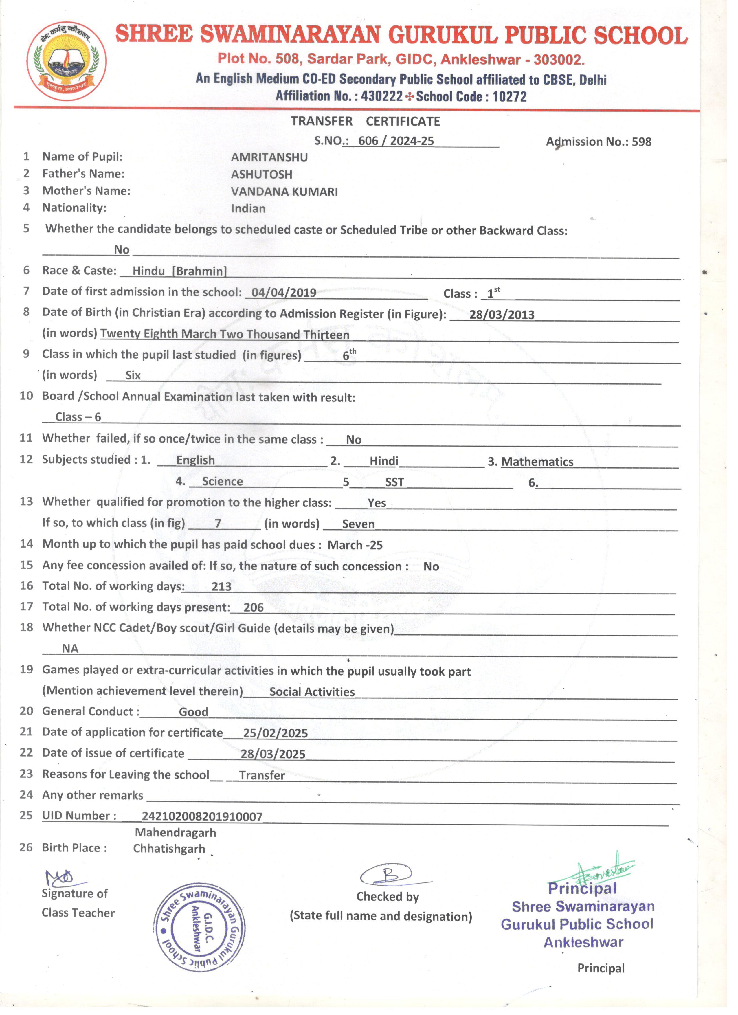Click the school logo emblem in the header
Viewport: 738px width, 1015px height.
67,61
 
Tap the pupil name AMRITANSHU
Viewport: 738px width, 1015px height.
269,157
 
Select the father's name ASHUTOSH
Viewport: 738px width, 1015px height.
261,175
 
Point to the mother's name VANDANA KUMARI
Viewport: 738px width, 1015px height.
284,192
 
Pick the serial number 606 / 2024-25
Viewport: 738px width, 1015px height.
396,141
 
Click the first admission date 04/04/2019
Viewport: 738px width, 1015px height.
284,293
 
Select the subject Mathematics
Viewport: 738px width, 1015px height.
537,462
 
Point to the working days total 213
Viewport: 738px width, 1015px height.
221,587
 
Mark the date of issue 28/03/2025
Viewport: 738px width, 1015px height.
273,754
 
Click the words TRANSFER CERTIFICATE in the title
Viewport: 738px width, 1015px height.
365,121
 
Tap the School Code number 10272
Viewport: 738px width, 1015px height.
509,97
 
